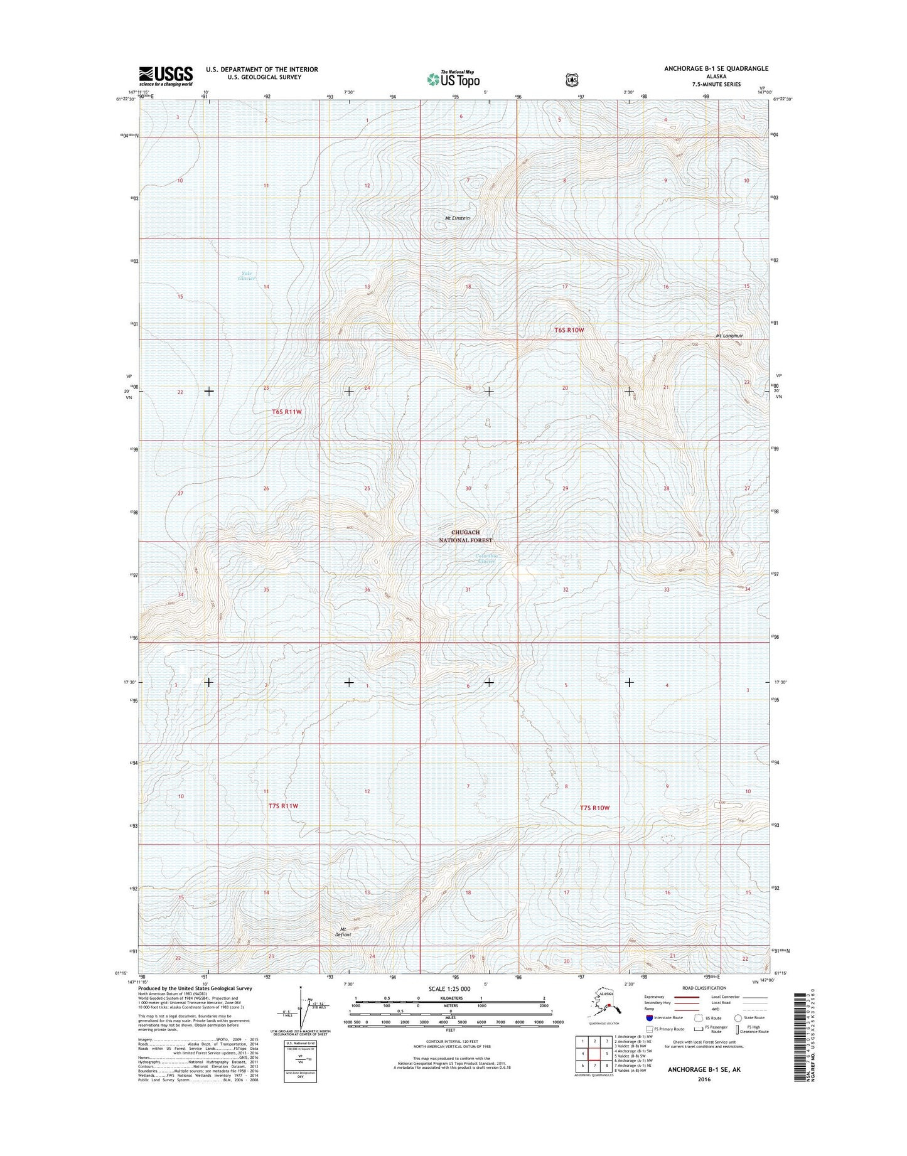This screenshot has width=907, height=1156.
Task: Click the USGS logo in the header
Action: (x=166, y=76)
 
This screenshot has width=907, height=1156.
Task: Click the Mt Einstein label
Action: (x=457, y=218)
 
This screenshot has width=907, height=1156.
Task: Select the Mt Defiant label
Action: (x=343, y=931)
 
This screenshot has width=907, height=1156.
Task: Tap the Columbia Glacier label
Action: (x=487, y=558)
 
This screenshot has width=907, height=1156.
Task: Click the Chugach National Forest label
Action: (x=465, y=536)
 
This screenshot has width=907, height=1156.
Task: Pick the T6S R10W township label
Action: (x=569, y=330)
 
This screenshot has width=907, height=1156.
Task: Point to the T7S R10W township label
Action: (x=594, y=808)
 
